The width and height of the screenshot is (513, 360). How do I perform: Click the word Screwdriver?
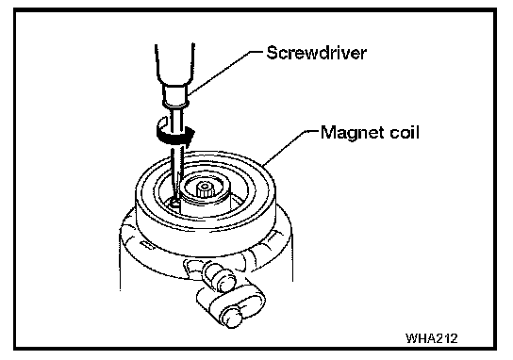tap(316, 53)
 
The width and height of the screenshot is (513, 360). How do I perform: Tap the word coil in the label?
tap(405, 132)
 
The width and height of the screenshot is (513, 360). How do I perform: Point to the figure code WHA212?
tap(432, 338)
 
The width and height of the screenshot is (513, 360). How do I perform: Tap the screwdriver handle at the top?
tap(174, 64)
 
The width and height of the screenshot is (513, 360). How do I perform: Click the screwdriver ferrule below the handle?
tap(175, 96)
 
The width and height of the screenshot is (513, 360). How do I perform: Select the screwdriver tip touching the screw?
tap(175, 202)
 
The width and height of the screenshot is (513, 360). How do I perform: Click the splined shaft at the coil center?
tap(205, 189)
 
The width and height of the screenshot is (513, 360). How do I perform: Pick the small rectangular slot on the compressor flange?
tap(147, 245)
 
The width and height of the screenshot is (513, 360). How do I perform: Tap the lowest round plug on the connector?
tap(231, 318)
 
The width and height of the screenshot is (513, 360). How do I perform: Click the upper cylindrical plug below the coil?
tap(218, 276)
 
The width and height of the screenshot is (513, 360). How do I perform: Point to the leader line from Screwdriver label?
tap(225, 73)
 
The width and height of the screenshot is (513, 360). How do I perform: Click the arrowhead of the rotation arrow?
tap(190, 136)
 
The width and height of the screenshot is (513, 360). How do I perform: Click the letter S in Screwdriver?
tap(273, 53)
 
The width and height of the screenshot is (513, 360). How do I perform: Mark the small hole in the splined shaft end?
tap(205, 187)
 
